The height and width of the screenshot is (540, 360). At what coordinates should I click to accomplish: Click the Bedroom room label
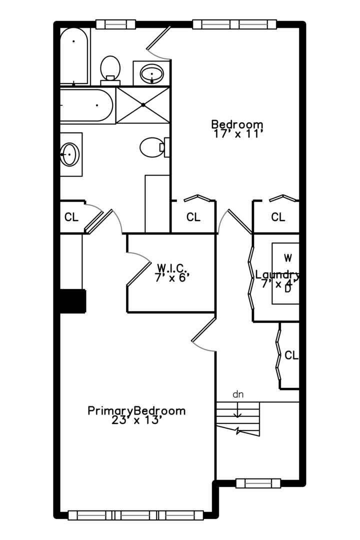click(x=237, y=124)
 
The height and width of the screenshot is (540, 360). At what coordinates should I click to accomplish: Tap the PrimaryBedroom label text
click(x=136, y=411)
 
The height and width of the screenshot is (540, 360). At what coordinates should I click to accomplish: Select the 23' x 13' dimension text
click(x=136, y=420)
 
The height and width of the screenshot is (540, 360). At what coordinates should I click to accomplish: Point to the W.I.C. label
click(x=172, y=267)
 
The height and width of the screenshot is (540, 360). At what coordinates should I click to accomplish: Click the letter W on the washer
click(x=288, y=257)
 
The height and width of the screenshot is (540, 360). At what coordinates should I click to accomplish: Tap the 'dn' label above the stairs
click(x=238, y=394)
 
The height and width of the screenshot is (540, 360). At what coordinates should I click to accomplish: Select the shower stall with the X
click(x=143, y=105)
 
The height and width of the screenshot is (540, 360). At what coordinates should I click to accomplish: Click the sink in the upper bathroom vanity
click(x=151, y=73)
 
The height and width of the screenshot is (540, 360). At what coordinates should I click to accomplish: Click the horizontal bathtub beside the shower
click(x=86, y=105)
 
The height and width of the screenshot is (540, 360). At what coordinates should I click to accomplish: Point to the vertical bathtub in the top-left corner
click(x=74, y=56)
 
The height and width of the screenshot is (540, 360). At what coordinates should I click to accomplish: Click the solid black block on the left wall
click(x=72, y=301)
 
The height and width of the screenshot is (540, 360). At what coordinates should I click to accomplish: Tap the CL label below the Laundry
click(x=291, y=355)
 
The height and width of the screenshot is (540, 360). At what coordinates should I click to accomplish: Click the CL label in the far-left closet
click(x=71, y=217)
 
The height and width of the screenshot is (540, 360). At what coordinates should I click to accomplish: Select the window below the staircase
click(x=258, y=483)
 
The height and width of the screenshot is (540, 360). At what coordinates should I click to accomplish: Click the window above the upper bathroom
click(x=115, y=24)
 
